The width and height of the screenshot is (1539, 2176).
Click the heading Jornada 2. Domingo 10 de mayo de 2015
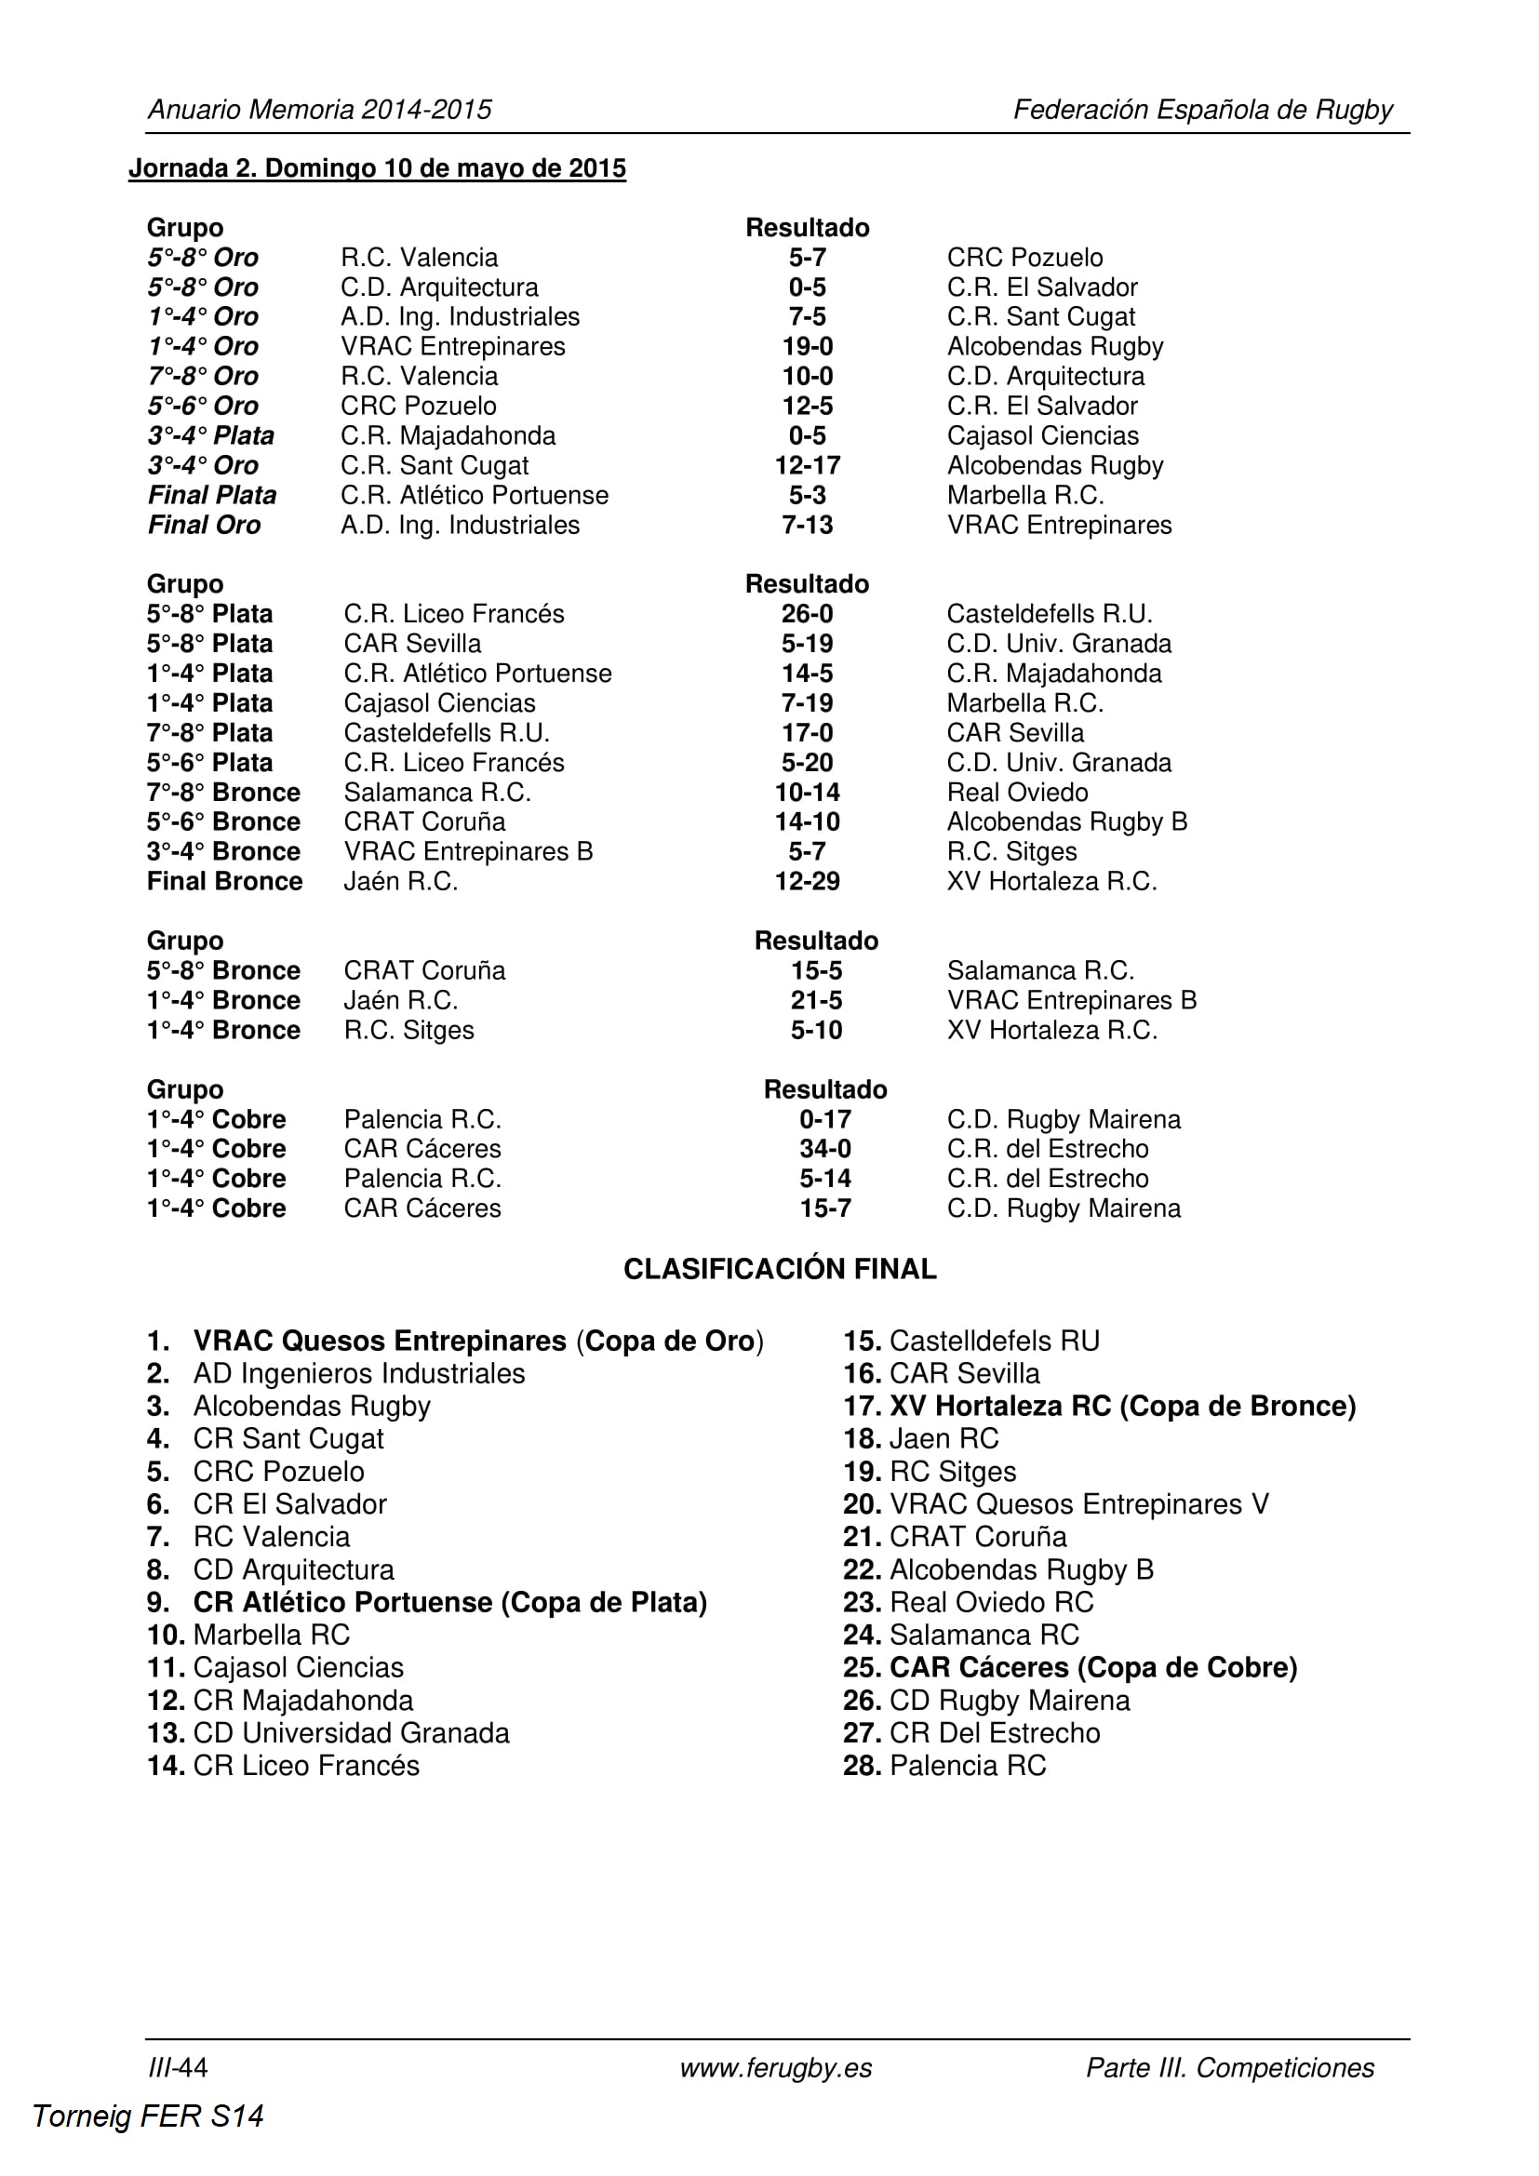coord(377,168)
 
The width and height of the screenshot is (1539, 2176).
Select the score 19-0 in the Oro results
coord(808,347)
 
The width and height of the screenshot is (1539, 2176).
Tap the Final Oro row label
coord(204,525)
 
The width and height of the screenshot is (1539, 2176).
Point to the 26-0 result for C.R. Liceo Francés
coord(808,614)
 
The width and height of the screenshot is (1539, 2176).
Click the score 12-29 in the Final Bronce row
coord(808,881)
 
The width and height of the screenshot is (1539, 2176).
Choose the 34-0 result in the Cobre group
coord(824,1149)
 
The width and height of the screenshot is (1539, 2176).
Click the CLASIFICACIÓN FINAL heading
coord(780,1269)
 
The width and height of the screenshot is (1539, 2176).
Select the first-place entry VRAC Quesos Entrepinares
coord(379,1342)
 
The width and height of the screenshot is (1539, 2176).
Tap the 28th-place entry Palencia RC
coord(967,1766)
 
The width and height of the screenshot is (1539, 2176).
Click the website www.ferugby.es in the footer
coord(776,2068)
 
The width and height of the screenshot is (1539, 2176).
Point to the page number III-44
coord(178,2068)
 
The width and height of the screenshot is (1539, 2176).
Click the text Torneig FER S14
coord(148,2116)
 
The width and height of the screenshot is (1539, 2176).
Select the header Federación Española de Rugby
coord(1202,110)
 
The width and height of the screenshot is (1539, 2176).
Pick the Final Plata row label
coord(212,496)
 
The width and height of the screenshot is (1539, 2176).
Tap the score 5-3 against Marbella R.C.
coord(808,496)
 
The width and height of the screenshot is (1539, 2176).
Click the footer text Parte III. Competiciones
coord(1230,2068)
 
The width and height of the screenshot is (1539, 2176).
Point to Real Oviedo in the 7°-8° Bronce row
coord(1017,793)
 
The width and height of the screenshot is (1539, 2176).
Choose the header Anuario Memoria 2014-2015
coord(319,110)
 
